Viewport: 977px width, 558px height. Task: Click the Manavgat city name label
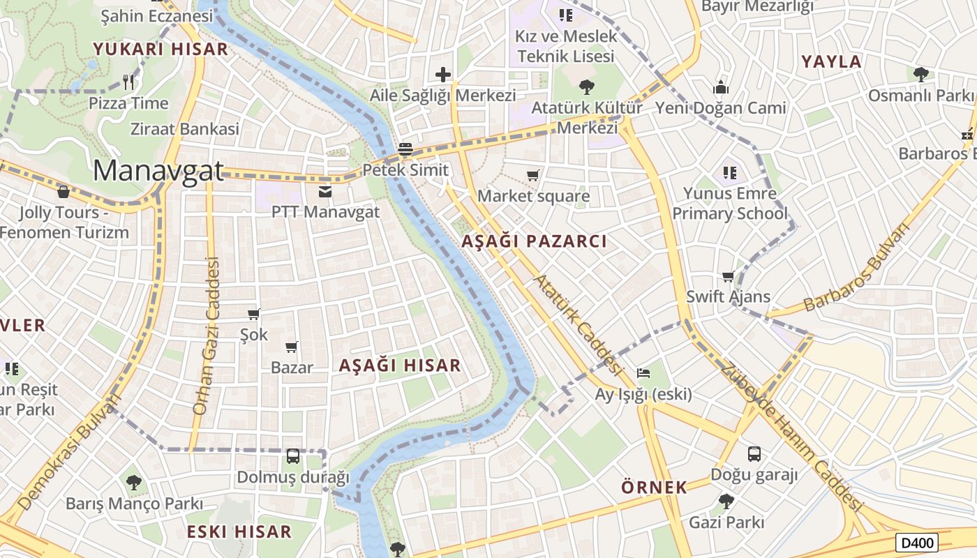coord(158,171)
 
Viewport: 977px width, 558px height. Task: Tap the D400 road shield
coord(917,543)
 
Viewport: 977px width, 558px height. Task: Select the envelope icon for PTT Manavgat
coord(325,191)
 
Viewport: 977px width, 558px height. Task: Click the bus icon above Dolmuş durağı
coord(293,456)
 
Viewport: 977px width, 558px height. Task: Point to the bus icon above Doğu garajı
coord(754,454)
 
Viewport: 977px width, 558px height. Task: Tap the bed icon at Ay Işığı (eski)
coord(643,373)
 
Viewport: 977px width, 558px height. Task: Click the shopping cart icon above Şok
coord(254,315)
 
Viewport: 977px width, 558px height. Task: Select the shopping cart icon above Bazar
coord(292,347)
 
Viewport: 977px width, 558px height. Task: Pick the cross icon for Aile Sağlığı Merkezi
coord(443,75)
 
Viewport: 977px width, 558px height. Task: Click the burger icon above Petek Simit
coord(405,149)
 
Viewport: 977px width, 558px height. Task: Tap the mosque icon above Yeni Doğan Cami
coord(721,87)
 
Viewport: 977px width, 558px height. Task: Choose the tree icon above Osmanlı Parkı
coord(921,74)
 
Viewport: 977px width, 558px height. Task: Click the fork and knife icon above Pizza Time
coord(128,82)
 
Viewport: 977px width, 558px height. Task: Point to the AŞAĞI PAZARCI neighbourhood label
coord(534,241)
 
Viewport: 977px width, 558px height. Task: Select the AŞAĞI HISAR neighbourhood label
coord(400,365)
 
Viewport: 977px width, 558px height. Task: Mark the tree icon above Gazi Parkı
coord(726,501)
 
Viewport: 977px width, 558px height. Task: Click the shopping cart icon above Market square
coord(533,176)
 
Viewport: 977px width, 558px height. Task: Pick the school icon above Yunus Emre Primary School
coord(730,172)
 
